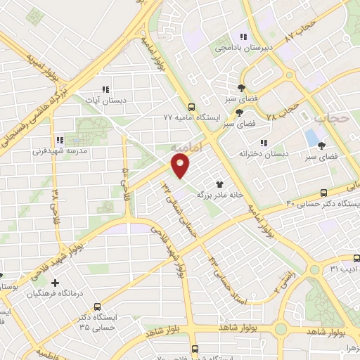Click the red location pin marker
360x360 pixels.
pos(181,166)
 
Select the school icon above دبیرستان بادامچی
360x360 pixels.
pos(243,37)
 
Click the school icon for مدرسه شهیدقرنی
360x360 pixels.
pos(60,140)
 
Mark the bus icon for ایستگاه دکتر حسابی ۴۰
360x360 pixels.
pos(324,192)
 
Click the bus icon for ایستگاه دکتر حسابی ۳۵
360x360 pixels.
pos(97,307)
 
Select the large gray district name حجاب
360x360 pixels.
pos(331,118)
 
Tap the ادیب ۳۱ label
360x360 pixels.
pos(344,269)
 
